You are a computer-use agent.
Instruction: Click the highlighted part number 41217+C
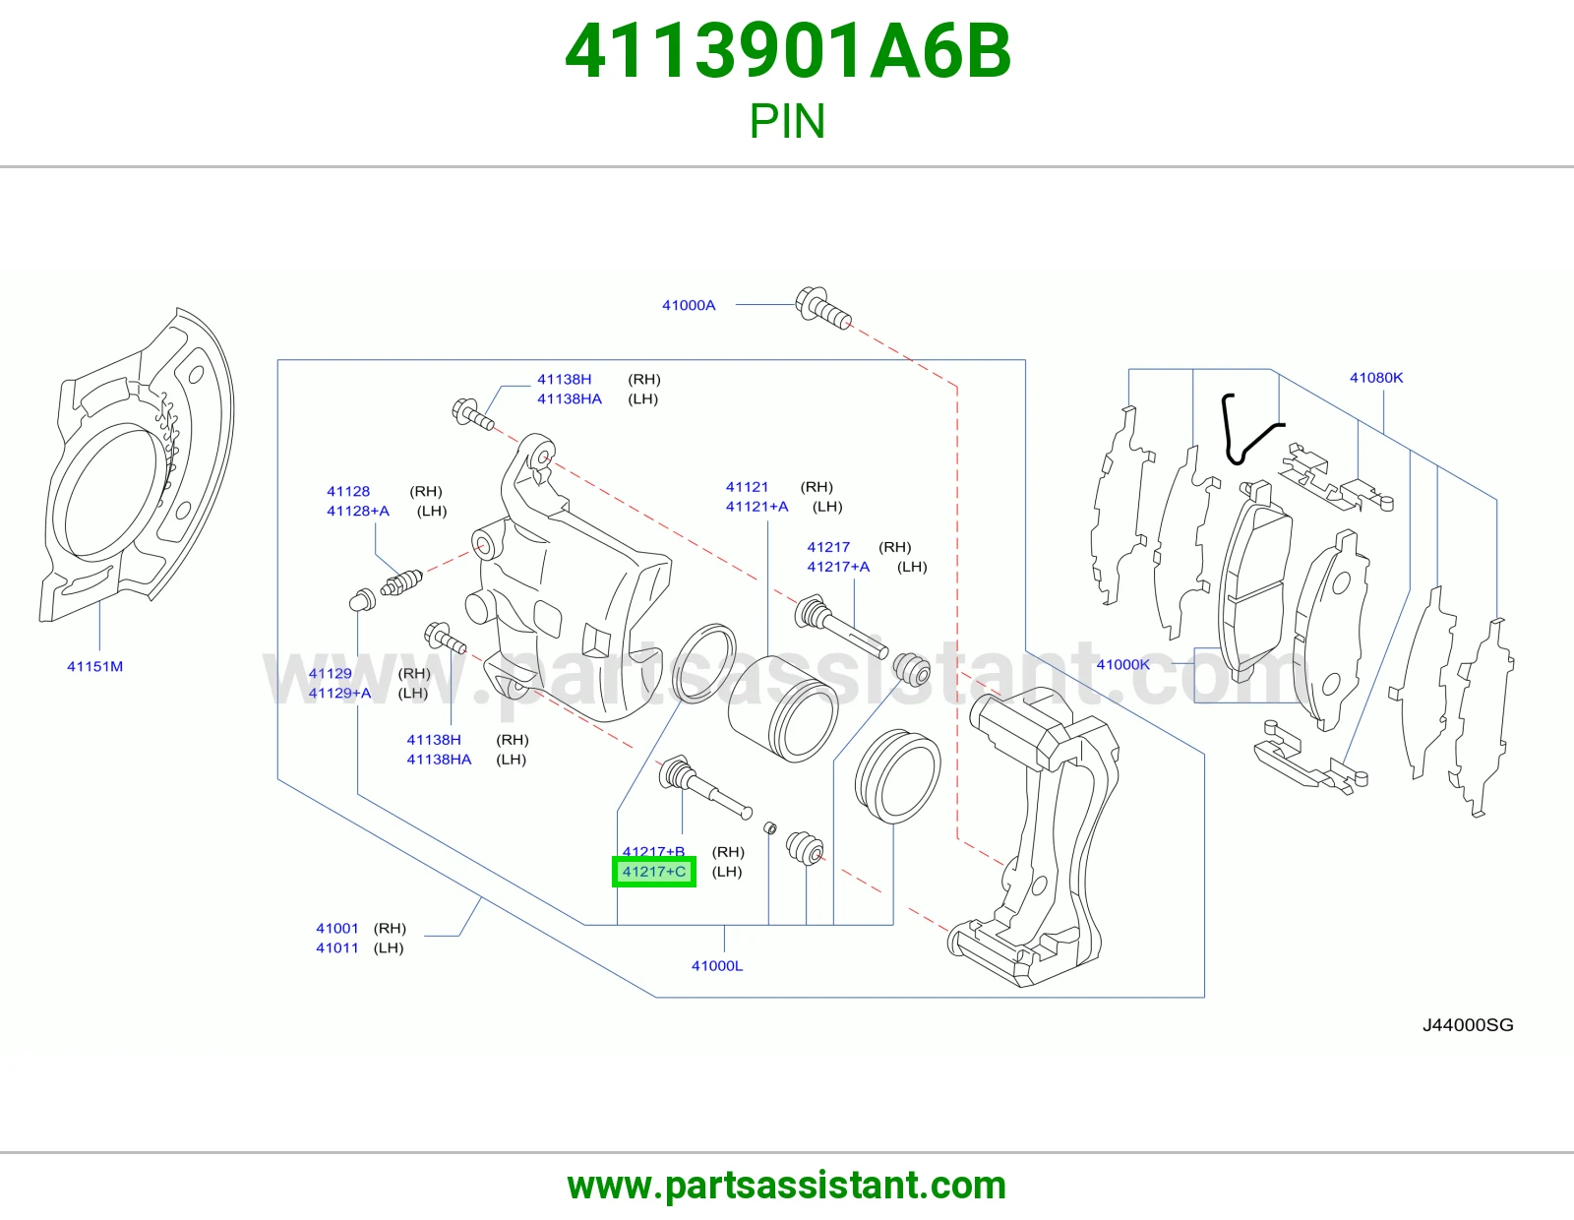[x=653, y=872]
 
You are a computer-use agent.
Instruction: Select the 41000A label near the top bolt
[x=688, y=305]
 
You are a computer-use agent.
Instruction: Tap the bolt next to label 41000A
[x=822, y=308]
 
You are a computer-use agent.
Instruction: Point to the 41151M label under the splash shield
[x=94, y=666]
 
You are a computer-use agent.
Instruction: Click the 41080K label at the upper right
[x=1376, y=378]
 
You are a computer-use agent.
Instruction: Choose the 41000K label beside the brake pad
[x=1122, y=664]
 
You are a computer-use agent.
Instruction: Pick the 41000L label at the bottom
[x=717, y=966]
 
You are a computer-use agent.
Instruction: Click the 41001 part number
[x=336, y=928]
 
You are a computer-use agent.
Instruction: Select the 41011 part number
[x=336, y=947]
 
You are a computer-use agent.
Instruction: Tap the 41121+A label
[x=757, y=507]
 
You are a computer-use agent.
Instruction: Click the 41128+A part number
[x=358, y=511]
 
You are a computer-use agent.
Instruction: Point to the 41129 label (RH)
[x=331, y=673]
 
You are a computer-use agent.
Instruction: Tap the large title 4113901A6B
[x=787, y=51]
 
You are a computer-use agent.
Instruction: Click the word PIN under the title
[x=787, y=121]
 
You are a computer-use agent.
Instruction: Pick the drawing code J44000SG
[x=1468, y=1025]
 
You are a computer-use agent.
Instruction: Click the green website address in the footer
[x=787, y=1186]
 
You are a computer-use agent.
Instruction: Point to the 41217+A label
[x=838, y=567]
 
